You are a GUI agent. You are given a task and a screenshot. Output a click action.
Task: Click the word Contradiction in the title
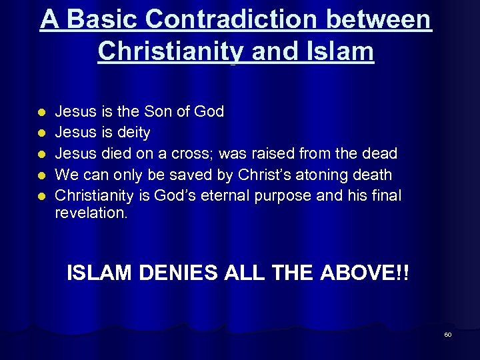coord(232,19)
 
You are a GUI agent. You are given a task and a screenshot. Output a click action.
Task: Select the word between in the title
coord(381,19)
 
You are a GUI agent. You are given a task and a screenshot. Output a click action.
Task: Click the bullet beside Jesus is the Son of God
coord(41,112)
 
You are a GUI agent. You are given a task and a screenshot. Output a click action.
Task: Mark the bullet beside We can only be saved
coord(41,176)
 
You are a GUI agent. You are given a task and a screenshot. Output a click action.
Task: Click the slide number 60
coord(448,335)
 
